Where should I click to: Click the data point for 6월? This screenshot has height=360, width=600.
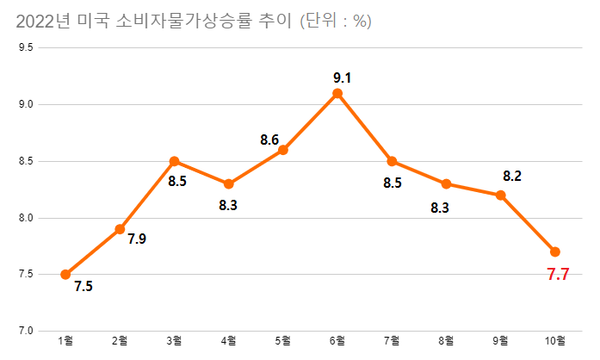(338, 93)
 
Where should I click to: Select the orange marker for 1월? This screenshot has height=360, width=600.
(65, 274)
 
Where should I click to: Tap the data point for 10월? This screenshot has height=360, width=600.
(555, 251)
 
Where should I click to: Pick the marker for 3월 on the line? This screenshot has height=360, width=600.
(174, 161)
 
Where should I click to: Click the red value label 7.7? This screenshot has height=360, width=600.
(558, 275)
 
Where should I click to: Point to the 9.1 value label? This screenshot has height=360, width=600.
(340, 75)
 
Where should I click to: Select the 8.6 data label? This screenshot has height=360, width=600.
(269, 140)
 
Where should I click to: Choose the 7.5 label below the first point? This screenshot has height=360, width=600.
(85, 286)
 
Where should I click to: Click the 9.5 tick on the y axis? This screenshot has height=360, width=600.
(26, 47)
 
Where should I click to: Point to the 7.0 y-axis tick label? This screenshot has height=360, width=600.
(26, 330)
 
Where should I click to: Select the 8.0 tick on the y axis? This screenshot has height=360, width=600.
(26, 217)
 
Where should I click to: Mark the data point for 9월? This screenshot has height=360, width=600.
(501, 195)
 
